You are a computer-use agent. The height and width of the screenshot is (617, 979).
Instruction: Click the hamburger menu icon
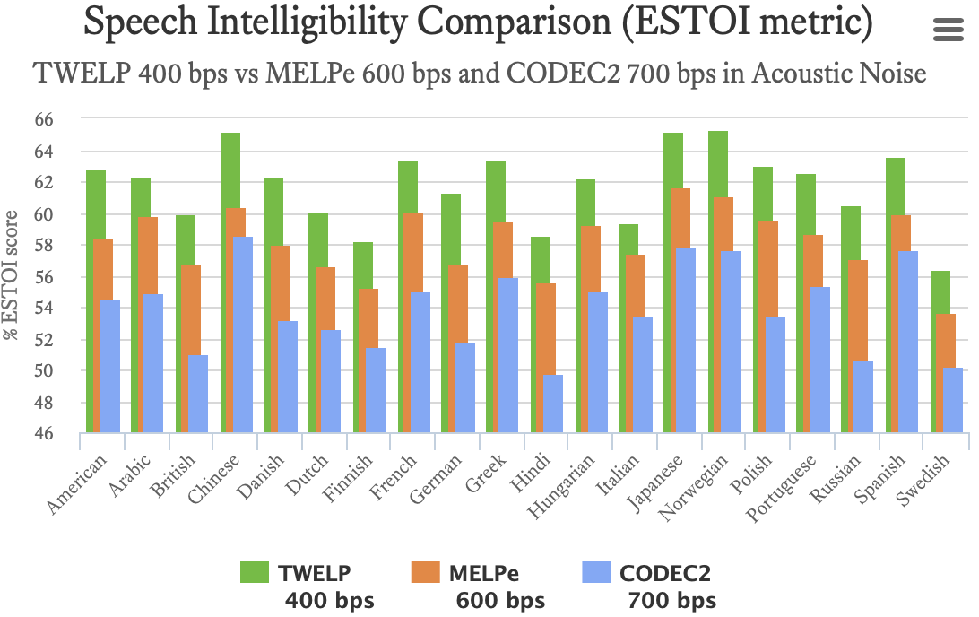(948, 30)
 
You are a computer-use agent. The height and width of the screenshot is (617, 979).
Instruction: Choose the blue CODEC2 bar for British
(198, 395)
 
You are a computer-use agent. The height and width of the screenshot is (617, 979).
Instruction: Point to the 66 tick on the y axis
(56, 119)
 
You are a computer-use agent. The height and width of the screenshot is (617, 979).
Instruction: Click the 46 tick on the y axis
(56, 434)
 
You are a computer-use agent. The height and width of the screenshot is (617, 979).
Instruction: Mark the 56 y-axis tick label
(56, 277)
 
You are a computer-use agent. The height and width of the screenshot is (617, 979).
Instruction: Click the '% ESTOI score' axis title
(12, 276)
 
